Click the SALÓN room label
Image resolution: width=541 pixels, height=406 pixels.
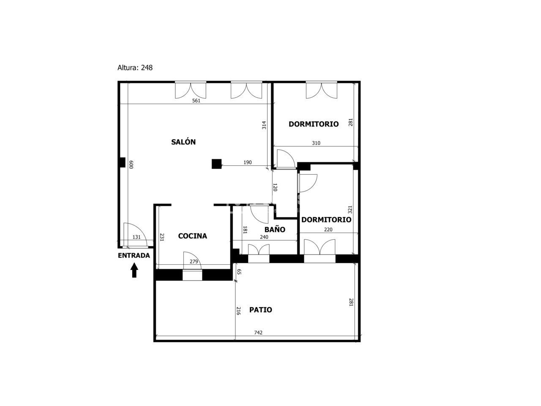[183, 142]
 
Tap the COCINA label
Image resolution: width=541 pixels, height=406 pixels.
[192, 236]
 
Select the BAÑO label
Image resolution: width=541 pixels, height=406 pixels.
[275, 229]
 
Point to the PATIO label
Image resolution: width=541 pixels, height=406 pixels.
[260, 310]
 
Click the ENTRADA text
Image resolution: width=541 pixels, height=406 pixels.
[134, 255]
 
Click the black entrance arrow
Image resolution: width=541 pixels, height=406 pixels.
[134, 270]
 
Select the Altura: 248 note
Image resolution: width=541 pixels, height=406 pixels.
[135, 68]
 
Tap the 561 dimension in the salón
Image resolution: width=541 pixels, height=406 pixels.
[196, 101]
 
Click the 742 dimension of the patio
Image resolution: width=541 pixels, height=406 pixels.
[258, 332]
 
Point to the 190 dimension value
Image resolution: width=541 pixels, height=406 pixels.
[247, 162]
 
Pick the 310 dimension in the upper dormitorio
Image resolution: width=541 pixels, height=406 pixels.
[316, 143]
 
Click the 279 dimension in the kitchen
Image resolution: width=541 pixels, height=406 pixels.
[194, 261]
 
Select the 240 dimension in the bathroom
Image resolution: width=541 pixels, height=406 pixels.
[264, 237]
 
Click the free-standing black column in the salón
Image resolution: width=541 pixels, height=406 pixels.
[216, 164]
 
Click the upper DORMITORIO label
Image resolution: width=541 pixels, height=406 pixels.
[314, 124]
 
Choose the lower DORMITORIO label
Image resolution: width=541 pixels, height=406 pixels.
[326, 219]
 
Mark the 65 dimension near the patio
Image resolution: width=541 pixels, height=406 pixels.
[239, 272]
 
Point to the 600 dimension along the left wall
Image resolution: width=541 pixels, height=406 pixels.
[131, 165]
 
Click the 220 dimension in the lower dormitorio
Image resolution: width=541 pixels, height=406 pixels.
[328, 230]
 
